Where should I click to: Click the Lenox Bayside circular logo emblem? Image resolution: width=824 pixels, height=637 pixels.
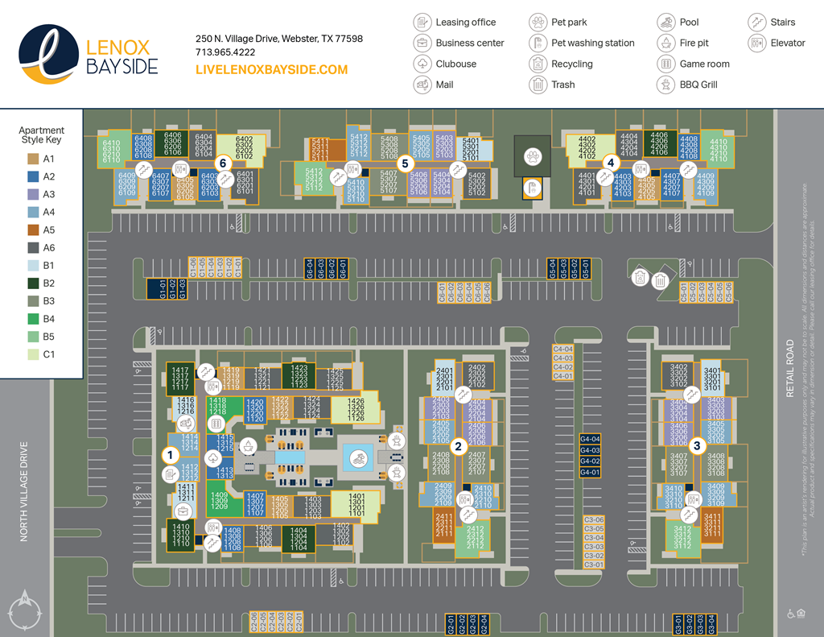(49, 54)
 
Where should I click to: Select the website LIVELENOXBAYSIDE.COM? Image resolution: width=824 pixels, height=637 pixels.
(271, 70)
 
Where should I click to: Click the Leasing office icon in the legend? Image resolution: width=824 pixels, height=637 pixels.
(422, 22)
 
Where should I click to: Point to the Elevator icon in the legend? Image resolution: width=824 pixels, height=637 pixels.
(756, 43)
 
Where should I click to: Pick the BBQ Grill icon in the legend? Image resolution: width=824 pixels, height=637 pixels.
(665, 85)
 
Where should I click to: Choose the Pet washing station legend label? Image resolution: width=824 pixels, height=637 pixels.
(592, 43)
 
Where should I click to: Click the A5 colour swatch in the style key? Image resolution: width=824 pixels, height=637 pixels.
(33, 230)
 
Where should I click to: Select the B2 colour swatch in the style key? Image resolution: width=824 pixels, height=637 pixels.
(33, 283)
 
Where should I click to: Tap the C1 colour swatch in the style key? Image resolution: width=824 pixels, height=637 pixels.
(33, 354)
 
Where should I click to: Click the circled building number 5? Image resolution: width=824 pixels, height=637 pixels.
(405, 162)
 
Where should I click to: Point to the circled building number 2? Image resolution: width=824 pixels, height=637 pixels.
(458, 445)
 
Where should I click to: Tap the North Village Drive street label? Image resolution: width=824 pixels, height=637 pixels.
(24, 490)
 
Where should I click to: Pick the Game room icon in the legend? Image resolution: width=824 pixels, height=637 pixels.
(665, 64)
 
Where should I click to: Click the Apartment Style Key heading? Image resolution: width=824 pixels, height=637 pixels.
(42, 135)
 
